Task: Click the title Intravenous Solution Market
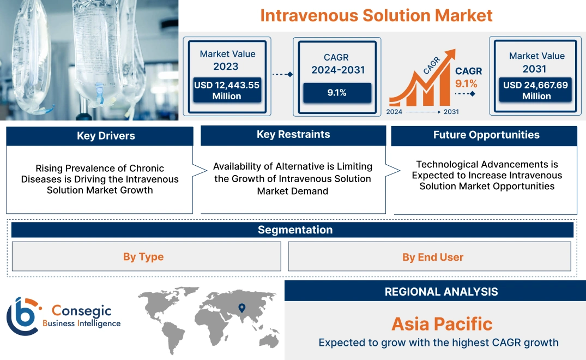[x=376, y=15]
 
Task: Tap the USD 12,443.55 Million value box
[x=226, y=90]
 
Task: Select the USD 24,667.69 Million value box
[x=536, y=90]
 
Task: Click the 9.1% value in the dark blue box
[x=337, y=93]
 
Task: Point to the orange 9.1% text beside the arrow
[x=466, y=83]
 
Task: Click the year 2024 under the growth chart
[x=395, y=112]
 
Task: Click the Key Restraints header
[x=293, y=135]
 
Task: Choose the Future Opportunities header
[x=486, y=135]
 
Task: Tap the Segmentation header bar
[x=295, y=230]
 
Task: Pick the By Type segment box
[x=143, y=257]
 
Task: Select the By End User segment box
[x=433, y=257]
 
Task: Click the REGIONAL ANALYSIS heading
[x=441, y=292]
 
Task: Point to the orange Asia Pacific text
[x=442, y=324]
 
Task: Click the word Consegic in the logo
[x=81, y=311]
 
